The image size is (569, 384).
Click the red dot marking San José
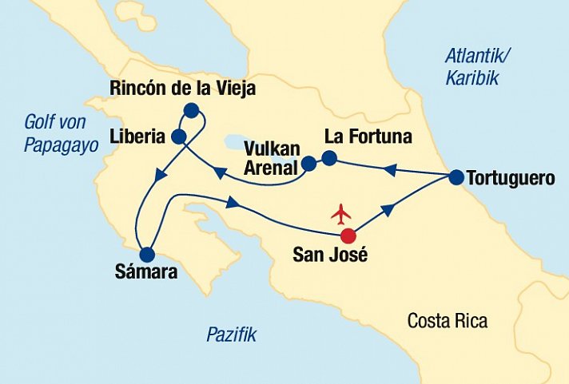point(348,236)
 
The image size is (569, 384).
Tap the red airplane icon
point(341,214)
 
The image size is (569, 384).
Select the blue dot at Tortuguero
point(456,177)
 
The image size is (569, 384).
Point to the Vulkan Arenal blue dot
point(309,165)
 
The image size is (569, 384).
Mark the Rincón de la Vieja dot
point(191,110)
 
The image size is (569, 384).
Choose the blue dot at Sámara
point(146,255)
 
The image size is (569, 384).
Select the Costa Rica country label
point(447,321)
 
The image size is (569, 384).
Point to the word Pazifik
point(231,335)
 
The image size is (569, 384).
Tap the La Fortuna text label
point(368,137)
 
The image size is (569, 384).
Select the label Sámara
point(145,275)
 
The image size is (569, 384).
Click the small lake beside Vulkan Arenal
point(241,142)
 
